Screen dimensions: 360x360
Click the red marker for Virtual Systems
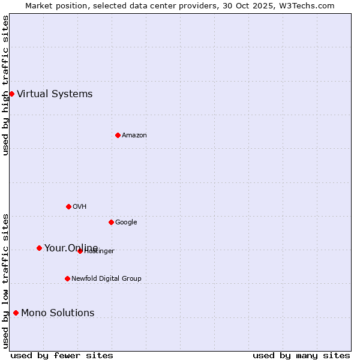point(11,94)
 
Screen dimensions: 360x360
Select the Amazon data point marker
point(118,135)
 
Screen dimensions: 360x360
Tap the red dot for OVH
point(68,206)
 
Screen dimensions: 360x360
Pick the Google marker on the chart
point(111,222)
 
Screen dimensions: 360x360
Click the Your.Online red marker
point(39,248)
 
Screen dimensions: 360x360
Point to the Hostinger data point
point(80,251)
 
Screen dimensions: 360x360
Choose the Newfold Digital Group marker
point(67,278)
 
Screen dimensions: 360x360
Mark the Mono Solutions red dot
point(16,313)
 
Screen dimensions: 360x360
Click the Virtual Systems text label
point(55,94)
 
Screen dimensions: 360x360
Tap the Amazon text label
point(134,135)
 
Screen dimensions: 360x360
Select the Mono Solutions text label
point(58,313)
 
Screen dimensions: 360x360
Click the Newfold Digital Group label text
point(106,278)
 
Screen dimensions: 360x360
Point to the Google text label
point(126,222)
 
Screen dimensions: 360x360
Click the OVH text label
point(79,206)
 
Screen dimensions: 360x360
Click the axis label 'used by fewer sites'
point(62,355)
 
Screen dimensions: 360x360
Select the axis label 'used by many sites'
point(301,355)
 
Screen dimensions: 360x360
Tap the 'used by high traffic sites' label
point(5,85)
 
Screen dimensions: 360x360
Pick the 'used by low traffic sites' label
point(5,280)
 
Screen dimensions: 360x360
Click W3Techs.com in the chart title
point(307,5)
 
